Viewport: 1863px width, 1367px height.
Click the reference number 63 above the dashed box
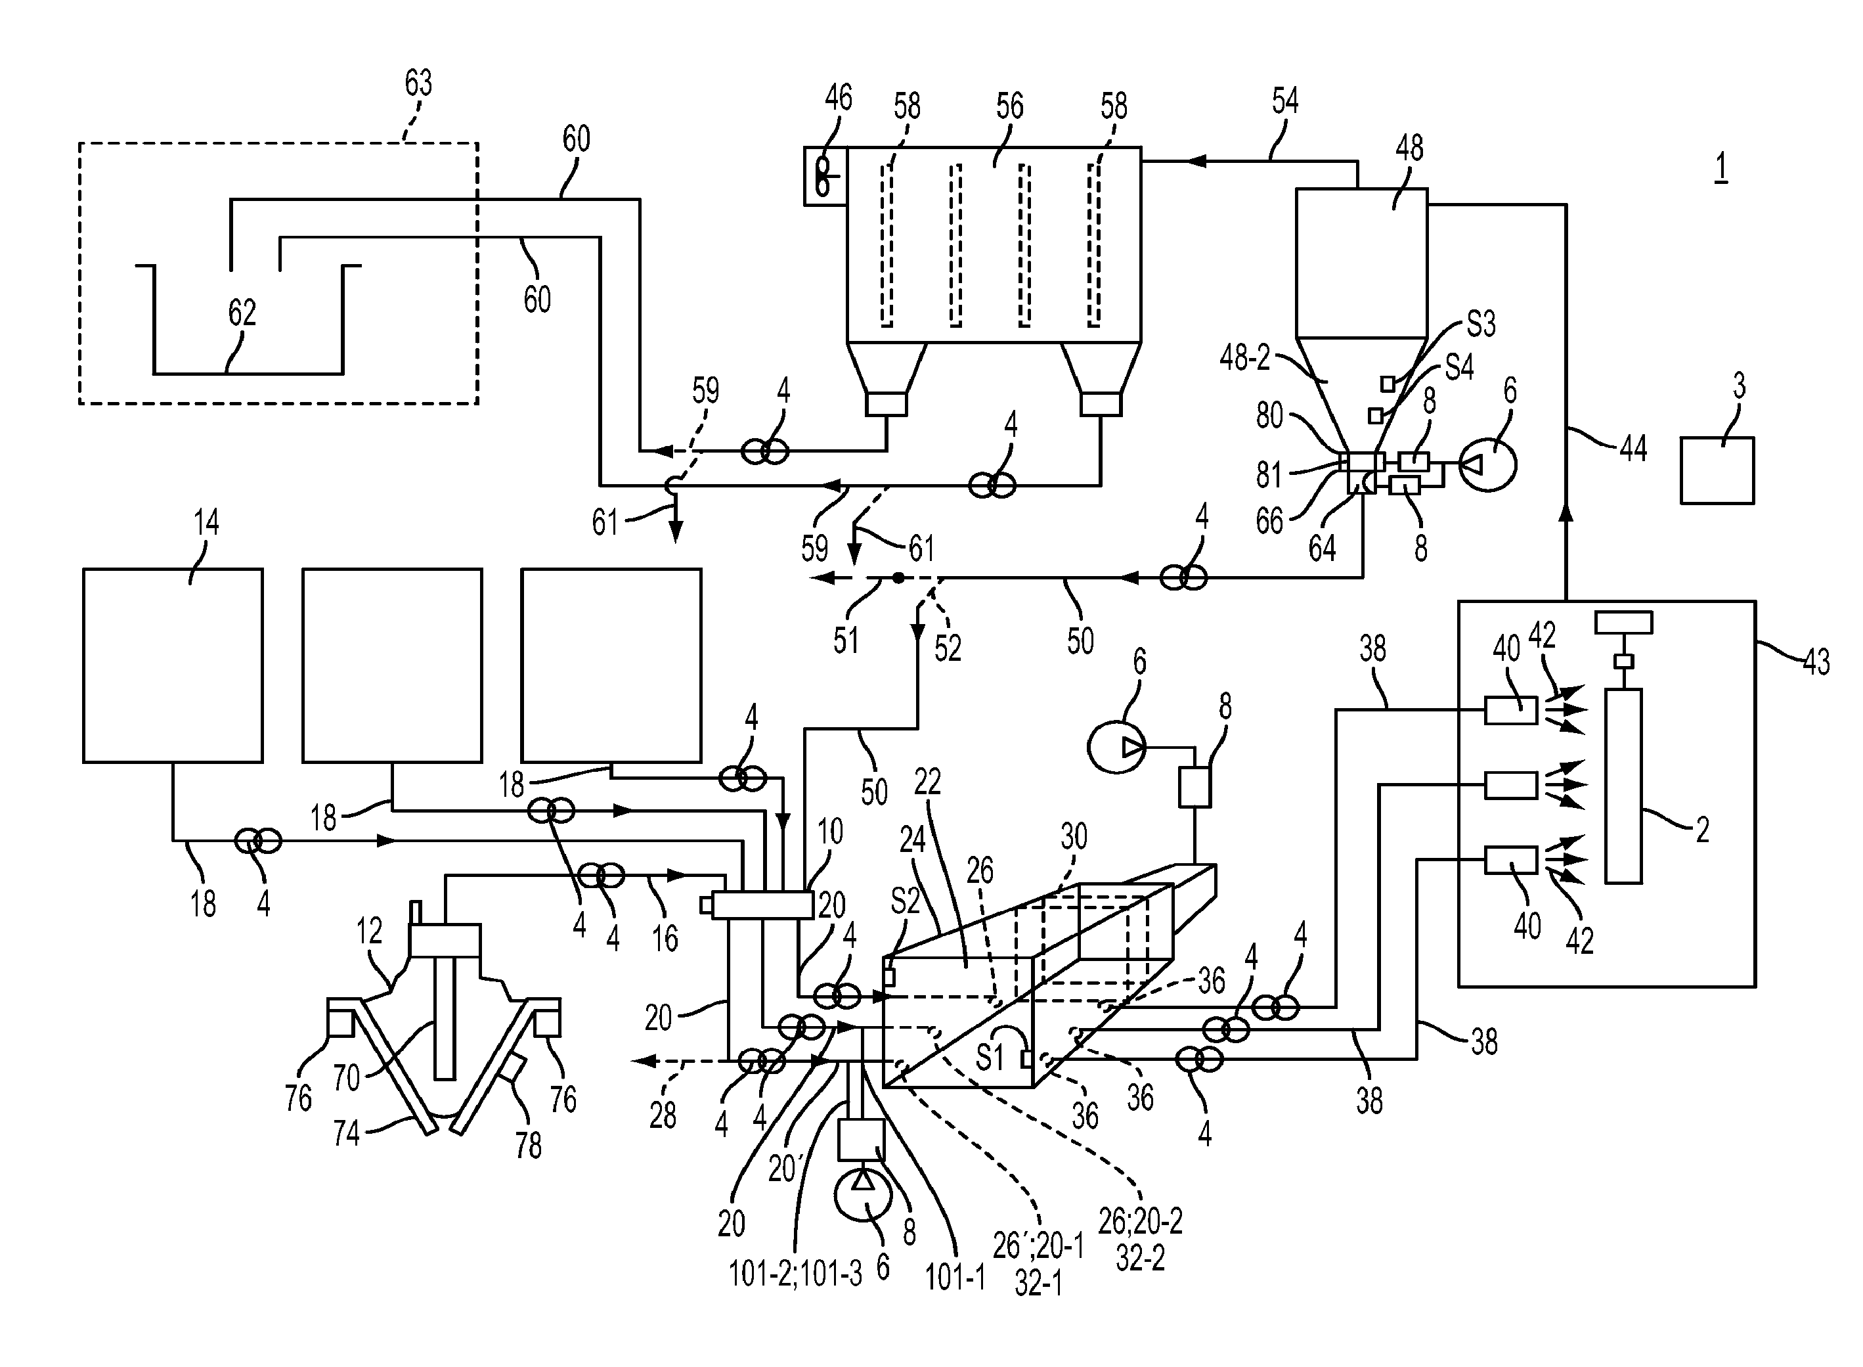[x=418, y=83]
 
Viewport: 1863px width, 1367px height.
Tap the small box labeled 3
[x=1717, y=470]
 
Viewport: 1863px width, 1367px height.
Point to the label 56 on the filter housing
[x=1009, y=106]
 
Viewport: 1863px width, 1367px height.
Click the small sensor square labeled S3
[x=1388, y=383]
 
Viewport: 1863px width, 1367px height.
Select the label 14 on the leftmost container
[x=206, y=522]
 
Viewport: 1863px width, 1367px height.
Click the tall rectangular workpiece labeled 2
[x=1622, y=786]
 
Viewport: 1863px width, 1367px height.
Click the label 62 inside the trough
[x=242, y=313]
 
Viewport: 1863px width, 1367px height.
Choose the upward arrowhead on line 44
[x=1565, y=512]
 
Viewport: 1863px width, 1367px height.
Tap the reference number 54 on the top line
[x=1284, y=101]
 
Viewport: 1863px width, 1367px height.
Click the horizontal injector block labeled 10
[x=762, y=905]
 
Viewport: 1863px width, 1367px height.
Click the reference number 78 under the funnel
[x=529, y=1145]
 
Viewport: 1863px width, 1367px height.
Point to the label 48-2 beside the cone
[x=1244, y=357]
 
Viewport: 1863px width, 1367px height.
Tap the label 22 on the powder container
[x=927, y=781]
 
